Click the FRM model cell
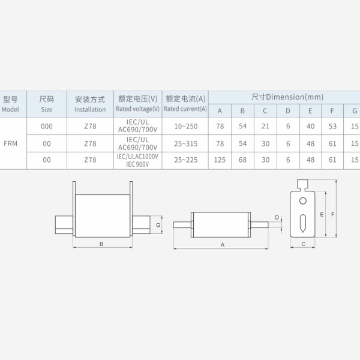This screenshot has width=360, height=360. pos(11,143)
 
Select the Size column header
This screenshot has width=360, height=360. pos(47,104)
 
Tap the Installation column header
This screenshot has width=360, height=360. pos(90,104)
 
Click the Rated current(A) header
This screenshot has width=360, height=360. pos(185,104)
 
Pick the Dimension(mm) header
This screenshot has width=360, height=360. pos(287,97)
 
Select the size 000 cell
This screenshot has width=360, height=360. pos(47,126)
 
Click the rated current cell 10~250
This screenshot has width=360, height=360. pos(186,126)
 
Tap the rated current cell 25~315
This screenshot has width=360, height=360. pos(186,144)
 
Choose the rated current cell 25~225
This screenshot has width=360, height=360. pos(186,160)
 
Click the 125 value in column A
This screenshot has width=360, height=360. pos(220,160)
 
